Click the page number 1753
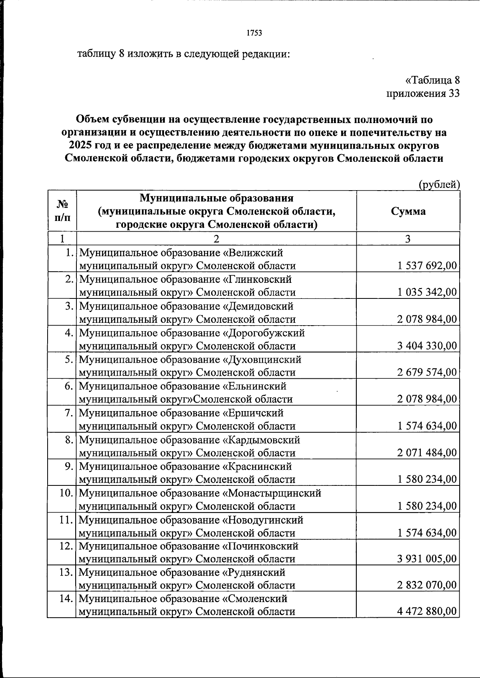254,33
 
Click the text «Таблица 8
432,80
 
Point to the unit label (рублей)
439,185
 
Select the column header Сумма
408,211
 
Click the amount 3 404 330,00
427,346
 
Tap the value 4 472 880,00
427,611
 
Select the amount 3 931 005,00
427,559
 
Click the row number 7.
69,413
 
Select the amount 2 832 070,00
427,585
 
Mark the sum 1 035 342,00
427,292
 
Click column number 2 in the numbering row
216,239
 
